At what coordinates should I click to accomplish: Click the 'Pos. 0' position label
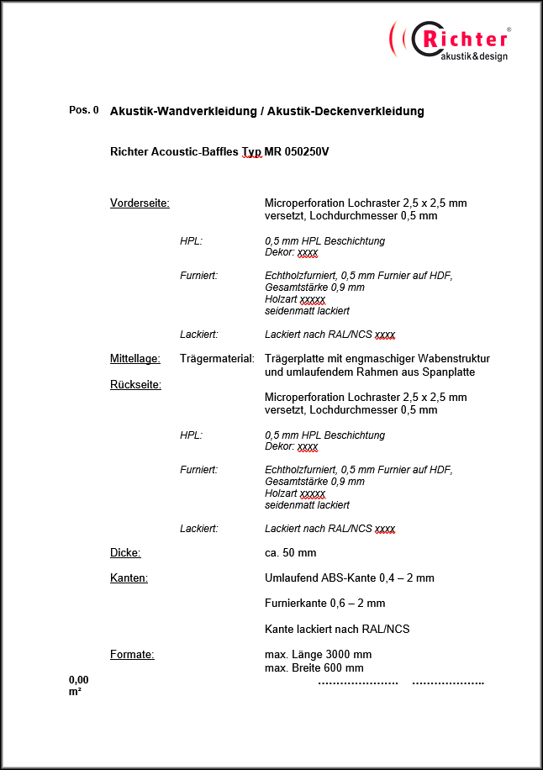click(x=83, y=110)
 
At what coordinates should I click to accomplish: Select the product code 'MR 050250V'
click(x=297, y=152)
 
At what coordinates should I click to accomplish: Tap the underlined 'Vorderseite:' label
click(x=140, y=203)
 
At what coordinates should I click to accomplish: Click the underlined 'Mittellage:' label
click(x=135, y=359)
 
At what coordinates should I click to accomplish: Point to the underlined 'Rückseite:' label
click(x=135, y=385)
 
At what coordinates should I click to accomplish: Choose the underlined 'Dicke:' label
click(x=125, y=553)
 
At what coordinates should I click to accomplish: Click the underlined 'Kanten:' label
click(x=129, y=578)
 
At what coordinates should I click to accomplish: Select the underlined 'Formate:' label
click(x=132, y=655)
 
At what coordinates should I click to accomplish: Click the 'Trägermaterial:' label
click(x=217, y=359)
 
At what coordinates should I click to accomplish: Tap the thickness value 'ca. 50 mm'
click(x=290, y=553)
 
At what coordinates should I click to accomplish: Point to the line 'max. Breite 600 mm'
click(x=314, y=668)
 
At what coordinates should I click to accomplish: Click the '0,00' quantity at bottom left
click(x=79, y=679)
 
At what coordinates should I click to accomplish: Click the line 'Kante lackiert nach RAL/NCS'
click(x=337, y=629)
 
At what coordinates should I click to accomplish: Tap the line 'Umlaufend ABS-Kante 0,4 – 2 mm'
click(x=350, y=578)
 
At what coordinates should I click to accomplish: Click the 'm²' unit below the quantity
click(x=75, y=692)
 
